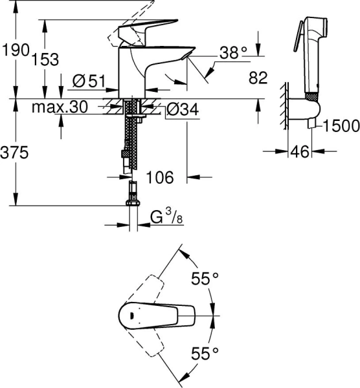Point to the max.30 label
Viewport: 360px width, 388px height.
tap(60, 107)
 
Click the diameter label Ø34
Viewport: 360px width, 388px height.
tap(182, 110)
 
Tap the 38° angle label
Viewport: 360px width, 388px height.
tap(232, 54)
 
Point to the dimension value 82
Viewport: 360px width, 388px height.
tap(258, 78)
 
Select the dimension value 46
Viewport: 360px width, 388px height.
tap(298, 153)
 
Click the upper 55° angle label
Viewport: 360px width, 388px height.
tap(205, 279)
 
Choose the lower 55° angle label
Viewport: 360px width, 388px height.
tap(205, 352)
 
